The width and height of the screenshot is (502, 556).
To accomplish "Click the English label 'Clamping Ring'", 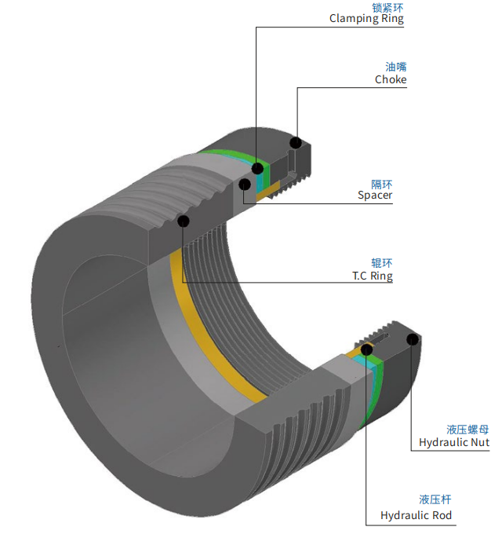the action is coord(366,18).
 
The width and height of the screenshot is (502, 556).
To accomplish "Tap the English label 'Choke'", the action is coord(391,79).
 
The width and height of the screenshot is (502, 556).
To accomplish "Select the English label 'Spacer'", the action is coord(375,196).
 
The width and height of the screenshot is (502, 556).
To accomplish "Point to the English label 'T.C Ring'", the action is coord(373,276).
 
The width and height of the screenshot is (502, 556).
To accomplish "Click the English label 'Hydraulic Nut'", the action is coord(454,443).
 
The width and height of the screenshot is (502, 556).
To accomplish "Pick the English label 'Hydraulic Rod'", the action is coord(416,515).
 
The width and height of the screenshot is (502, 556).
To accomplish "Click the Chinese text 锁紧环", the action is coord(387,7).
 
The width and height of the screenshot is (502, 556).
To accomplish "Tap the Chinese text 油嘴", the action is coord(396,67).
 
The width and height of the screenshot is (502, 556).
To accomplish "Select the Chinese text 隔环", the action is coord(382,185).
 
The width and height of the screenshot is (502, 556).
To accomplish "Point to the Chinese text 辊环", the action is coord(382,263).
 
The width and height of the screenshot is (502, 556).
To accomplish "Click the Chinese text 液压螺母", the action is coord(467,430).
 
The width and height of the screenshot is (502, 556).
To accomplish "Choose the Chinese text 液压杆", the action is coord(435,499).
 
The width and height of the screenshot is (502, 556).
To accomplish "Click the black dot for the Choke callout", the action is coord(296,143).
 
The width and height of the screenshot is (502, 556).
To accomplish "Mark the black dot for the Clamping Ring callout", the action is coord(257,168).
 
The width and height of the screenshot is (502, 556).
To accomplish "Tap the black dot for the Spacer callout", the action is coord(245,185).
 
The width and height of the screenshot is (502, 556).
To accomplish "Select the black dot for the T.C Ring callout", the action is coord(184,221).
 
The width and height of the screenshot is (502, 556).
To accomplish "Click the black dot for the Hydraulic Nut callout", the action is coord(413,340).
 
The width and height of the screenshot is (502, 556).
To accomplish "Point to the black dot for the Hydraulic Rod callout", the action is coord(366,350).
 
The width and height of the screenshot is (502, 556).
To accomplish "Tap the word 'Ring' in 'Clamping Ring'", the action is coord(392,18).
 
